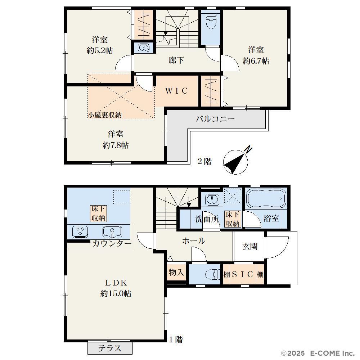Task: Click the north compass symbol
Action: click(236, 161)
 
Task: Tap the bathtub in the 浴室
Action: click(266, 199)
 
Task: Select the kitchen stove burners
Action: click(80, 231)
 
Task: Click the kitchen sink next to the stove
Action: click(112, 232)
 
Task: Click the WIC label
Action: click(176, 91)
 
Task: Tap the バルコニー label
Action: click(215, 119)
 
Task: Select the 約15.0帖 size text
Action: click(116, 293)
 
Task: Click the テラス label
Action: click(110, 348)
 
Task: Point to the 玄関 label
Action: click(250, 246)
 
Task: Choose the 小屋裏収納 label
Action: click(105, 115)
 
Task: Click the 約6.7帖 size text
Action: click(256, 61)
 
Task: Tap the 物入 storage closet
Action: click(176, 273)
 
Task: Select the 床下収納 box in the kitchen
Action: click(98, 213)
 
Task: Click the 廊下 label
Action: click(176, 60)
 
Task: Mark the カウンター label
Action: click(112, 243)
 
